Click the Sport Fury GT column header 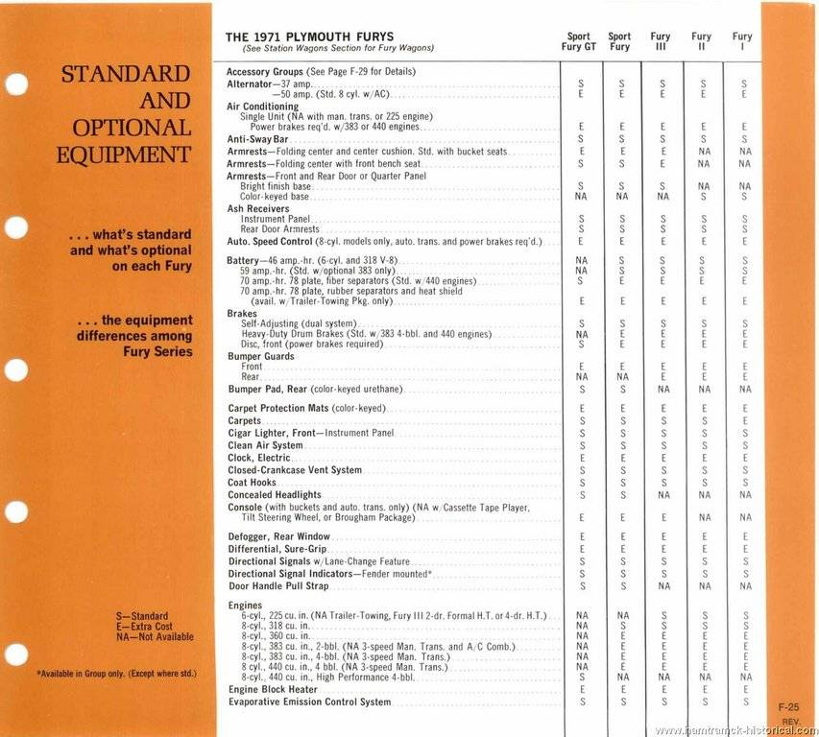coord(578,41)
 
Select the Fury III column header coord(661,41)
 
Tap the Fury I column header coord(742,41)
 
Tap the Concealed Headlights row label coord(275,495)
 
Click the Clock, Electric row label coord(258,458)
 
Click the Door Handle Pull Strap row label coord(278,585)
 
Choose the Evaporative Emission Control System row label coord(309,701)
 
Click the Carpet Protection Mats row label coord(305,408)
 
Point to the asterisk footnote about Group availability coord(117,674)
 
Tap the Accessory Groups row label coord(322,72)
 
